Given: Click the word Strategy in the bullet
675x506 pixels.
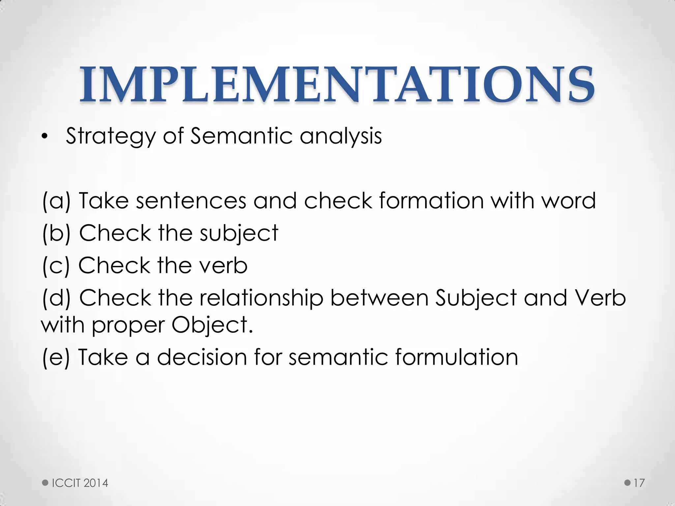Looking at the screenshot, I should [110, 136].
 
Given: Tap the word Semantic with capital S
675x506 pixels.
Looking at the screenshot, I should [241, 136].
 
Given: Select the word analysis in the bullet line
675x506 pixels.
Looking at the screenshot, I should [340, 136].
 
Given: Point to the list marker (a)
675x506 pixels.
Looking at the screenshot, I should [56, 201].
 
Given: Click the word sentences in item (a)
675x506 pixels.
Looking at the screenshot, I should [191, 201].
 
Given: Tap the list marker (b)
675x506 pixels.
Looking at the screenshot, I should [56, 233].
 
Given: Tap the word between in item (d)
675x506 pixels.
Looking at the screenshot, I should [379, 297].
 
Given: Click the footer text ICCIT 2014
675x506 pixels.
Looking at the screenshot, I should [80, 483].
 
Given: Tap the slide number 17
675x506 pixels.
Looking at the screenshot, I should [639, 483].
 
